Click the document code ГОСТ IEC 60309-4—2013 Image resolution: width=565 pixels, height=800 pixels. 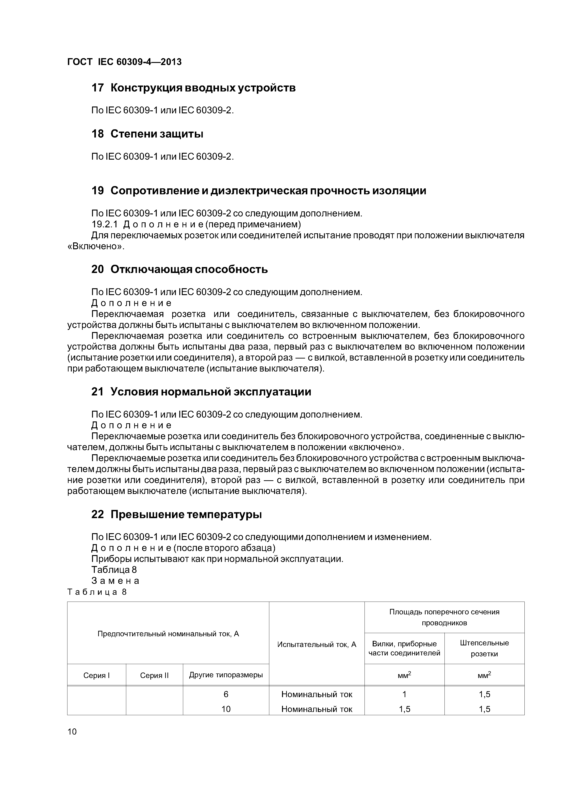(x=124, y=62)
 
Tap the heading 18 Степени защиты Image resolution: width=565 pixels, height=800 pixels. (x=147, y=134)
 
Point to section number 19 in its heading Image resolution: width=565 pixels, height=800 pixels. (x=98, y=191)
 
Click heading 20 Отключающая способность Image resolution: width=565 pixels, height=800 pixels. (x=179, y=269)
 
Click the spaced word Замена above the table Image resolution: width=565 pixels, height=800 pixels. (x=115, y=581)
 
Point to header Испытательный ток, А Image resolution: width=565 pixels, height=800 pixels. (x=317, y=645)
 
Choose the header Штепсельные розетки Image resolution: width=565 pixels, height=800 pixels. (x=484, y=648)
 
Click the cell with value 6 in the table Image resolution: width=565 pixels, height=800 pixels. (x=226, y=694)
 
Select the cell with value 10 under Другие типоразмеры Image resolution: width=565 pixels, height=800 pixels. (x=226, y=709)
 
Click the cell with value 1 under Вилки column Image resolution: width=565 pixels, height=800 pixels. (x=404, y=694)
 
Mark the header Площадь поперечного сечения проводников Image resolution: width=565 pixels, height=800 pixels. (x=444, y=617)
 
